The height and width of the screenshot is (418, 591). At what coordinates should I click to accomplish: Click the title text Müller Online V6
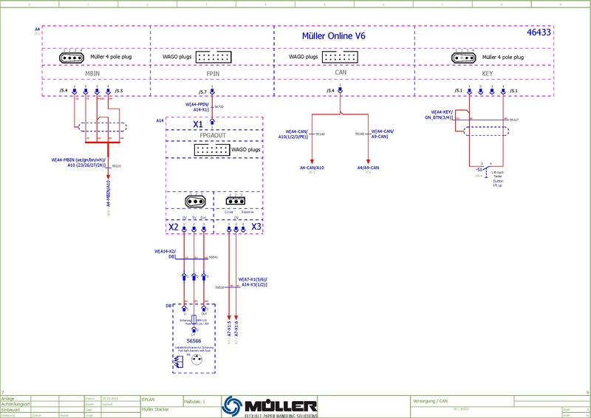[334, 35]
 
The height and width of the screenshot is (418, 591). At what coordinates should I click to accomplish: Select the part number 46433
[539, 34]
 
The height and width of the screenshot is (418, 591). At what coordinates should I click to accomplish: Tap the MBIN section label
[93, 74]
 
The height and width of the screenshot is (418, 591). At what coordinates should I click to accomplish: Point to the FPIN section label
[213, 75]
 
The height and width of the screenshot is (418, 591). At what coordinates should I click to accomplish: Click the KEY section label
[488, 74]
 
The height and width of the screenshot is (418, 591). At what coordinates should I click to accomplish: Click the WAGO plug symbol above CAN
[341, 56]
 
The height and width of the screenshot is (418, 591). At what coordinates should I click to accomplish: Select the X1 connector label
[198, 124]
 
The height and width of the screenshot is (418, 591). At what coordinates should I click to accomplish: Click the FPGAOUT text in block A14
[213, 137]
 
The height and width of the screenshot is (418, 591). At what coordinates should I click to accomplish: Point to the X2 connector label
[173, 227]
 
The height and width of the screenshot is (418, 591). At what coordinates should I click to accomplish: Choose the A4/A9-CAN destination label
[369, 168]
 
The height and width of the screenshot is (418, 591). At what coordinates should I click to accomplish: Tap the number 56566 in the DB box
[194, 340]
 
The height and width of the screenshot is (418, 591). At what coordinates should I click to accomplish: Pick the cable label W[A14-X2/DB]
[165, 253]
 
